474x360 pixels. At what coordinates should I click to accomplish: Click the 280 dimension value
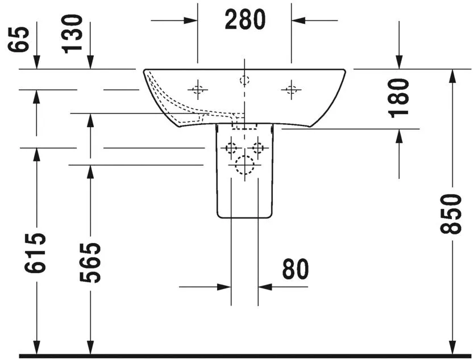[x=245, y=20]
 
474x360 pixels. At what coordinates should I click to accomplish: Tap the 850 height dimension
[x=452, y=214]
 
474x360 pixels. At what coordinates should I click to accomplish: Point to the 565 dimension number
[x=90, y=262]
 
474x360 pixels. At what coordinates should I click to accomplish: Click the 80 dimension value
[x=295, y=269]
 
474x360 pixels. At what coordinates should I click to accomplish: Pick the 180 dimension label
[x=400, y=97]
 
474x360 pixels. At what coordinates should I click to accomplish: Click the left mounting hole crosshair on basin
[x=198, y=89]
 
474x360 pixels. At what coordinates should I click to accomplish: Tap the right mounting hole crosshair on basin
[x=292, y=89]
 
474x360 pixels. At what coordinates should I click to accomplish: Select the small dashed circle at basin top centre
[x=244, y=80]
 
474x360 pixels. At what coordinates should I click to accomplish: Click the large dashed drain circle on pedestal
[x=244, y=165]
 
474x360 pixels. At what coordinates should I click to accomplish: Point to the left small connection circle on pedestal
[x=231, y=148]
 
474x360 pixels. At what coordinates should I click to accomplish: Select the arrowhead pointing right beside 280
[x=191, y=20]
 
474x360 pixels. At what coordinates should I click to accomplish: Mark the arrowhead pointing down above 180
[x=399, y=62]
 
